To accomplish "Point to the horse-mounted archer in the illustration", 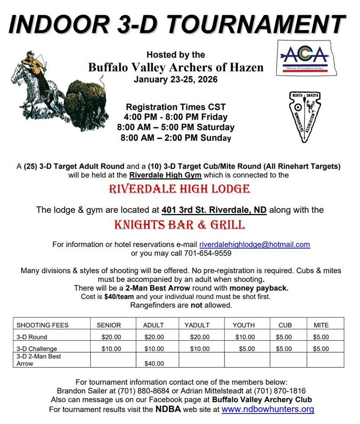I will [36, 78].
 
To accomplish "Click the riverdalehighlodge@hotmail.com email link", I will [254, 244].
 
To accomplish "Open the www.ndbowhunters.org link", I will [268, 409].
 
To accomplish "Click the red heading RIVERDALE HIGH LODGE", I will [179, 189].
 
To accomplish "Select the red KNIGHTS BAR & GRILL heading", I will [179, 224].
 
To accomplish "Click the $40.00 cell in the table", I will [153, 364].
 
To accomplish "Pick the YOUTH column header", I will [243, 325].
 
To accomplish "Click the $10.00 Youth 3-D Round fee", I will [245, 337].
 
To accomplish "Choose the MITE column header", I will [321, 325].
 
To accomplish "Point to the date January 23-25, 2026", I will [175, 79].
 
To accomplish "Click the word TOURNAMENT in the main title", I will [257, 24].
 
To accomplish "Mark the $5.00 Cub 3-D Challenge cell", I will [285, 349].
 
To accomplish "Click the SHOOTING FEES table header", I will [43, 325].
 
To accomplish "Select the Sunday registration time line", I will [175, 138].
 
